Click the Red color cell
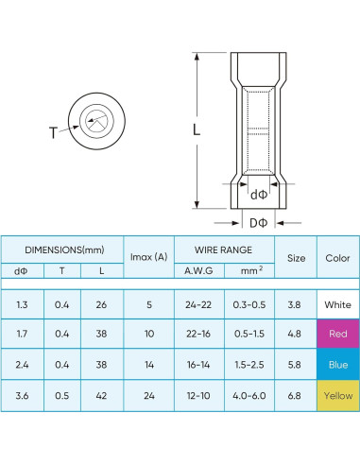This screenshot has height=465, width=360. tap(337, 334)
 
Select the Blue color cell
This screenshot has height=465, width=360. tap(337, 364)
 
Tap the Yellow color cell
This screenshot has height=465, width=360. tap(337, 394)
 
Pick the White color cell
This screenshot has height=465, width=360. tap(337, 304)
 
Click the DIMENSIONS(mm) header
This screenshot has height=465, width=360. tap(63, 250)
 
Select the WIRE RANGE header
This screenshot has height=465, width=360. tap(222, 250)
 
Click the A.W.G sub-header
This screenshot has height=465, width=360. tap(198, 271)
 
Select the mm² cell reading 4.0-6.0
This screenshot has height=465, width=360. tap(249, 394)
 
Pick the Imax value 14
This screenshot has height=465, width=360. tap(146, 364)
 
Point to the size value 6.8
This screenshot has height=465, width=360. tap(296, 394)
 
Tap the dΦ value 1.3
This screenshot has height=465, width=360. tap(22, 304)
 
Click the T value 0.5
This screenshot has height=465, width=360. tap(61, 394)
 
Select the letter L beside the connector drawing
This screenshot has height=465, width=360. tap(197, 132)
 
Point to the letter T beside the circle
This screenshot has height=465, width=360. tap(52, 132)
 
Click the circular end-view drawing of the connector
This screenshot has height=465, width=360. tap(95, 120)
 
